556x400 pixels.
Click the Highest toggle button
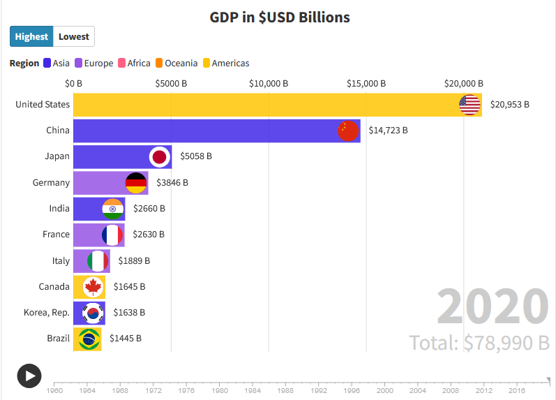click(x=31, y=36)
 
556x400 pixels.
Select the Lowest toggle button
click(x=73, y=36)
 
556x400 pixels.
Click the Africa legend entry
click(x=135, y=63)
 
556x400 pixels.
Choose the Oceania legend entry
click(x=176, y=63)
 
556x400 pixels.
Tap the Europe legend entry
click(x=93, y=63)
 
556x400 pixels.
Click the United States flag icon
click(x=469, y=105)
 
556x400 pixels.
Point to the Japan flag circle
click(x=160, y=156)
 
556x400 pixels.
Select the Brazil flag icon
click(x=89, y=339)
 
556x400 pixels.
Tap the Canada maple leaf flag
click(x=93, y=286)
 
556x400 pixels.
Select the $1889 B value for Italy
click(x=134, y=260)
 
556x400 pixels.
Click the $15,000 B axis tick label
click(x=366, y=84)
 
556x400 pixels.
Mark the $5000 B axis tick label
click(x=171, y=84)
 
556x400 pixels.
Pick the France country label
click(x=56, y=235)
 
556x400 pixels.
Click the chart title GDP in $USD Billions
click(x=280, y=17)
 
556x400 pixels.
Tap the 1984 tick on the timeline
click(x=253, y=390)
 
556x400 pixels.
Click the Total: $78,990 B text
click(x=479, y=343)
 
